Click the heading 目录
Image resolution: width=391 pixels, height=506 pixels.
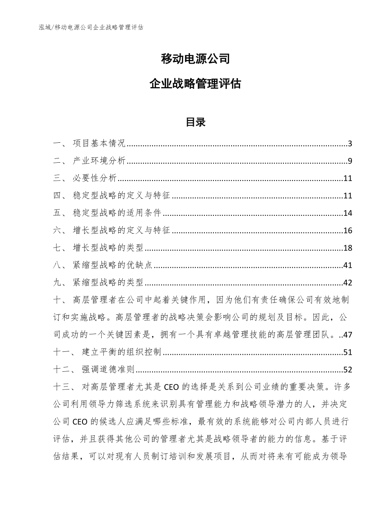pyautogui.click(x=195, y=122)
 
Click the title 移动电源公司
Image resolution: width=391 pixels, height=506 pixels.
pyautogui.click(x=195, y=59)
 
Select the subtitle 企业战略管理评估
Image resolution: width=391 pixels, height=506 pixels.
pyautogui.click(x=195, y=84)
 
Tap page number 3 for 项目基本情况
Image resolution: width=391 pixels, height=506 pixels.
pyautogui.click(x=350, y=144)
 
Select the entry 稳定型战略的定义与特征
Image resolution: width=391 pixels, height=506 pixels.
pyautogui.click(x=121, y=196)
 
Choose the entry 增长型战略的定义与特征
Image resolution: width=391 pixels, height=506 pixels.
pyautogui.click(x=121, y=231)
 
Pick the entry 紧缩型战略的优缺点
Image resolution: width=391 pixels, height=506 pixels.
pyautogui.click(x=113, y=266)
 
